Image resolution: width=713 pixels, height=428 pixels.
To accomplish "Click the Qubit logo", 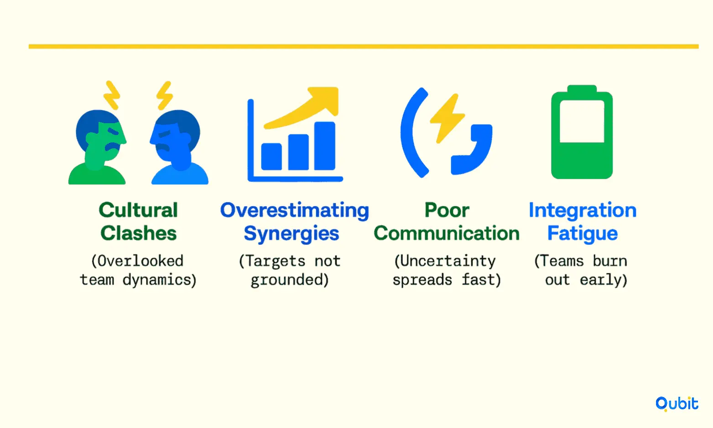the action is click(x=677, y=404).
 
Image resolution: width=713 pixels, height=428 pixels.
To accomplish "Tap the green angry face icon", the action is click(x=97, y=147).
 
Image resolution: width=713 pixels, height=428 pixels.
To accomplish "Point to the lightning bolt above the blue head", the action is click(x=165, y=95).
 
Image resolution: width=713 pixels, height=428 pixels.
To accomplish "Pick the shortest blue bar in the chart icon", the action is click(x=271, y=157).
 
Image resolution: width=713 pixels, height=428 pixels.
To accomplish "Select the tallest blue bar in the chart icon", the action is click(x=325, y=146).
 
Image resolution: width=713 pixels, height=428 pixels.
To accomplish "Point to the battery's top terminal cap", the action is click(x=582, y=89).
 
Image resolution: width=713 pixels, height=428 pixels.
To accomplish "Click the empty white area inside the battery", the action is click(x=582, y=121).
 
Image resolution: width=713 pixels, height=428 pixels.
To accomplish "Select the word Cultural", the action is click(x=138, y=210).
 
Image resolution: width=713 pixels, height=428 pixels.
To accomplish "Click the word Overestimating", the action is click(x=294, y=211).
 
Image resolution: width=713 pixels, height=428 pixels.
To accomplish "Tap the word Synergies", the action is click(x=291, y=234).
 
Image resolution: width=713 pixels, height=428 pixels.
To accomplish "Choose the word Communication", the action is click(x=447, y=233).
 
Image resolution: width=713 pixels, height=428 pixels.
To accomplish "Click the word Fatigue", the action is click(x=583, y=234).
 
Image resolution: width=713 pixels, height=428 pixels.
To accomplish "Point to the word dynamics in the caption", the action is click(x=160, y=280).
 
